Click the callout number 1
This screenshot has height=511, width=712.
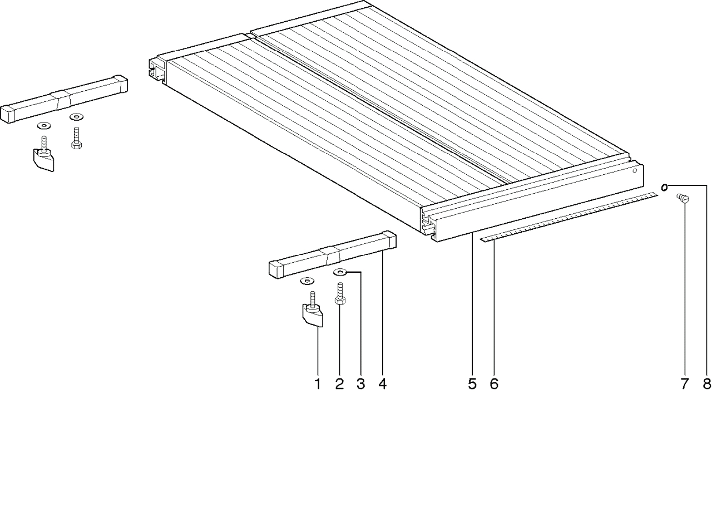click(x=318, y=384)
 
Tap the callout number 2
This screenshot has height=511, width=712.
click(x=339, y=384)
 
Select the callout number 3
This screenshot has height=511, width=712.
click(x=361, y=384)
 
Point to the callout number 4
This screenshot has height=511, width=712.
click(x=382, y=384)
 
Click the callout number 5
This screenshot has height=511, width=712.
click(x=472, y=384)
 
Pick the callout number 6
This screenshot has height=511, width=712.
click(x=494, y=384)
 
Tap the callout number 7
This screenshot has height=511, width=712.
click(x=684, y=384)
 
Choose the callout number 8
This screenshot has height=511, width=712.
click(x=706, y=384)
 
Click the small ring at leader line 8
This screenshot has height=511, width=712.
click(x=664, y=188)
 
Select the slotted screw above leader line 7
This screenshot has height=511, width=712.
click(x=683, y=198)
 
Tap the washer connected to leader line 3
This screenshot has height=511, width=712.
click(x=340, y=272)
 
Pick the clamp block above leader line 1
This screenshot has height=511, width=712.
click(x=313, y=313)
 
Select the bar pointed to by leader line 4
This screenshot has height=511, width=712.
click(x=333, y=255)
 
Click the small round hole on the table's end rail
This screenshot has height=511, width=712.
click(x=635, y=171)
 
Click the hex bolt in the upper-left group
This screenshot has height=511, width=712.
click(x=76, y=139)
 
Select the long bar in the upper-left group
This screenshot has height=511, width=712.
click(x=64, y=99)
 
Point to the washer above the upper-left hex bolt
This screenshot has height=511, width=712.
click(x=77, y=117)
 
